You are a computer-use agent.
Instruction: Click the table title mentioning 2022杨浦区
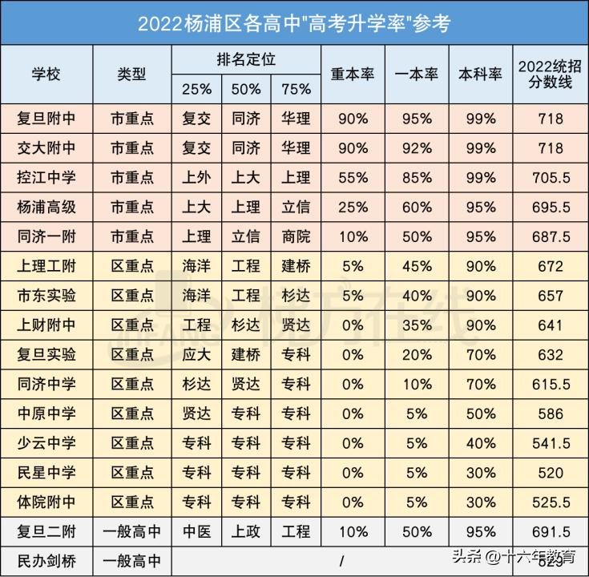click(x=294, y=22)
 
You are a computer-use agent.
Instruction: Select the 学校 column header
click(x=46, y=74)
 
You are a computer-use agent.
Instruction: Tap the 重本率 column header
click(x=353, y=74)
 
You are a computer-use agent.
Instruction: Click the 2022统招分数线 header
click(x=551, y=74)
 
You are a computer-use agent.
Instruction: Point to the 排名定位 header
click(x=246, y=59)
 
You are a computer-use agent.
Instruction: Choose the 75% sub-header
click(x=296, y=88)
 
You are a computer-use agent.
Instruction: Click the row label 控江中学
click(x=46, y=177)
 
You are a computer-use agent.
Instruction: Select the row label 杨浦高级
click(x=46, y=207)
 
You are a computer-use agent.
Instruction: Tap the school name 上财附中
click(x=46, y=325)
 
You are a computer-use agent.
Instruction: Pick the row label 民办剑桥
click(x=46, y=560)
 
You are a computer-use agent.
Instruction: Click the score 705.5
click(x=551, y=177)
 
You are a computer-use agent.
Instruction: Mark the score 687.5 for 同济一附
click(x=551, y=236)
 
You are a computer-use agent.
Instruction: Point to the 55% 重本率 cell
click(x=353, y=177)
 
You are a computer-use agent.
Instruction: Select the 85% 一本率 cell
click(x=417, y=177)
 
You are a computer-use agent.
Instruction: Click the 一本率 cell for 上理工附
click(x=417, y=266)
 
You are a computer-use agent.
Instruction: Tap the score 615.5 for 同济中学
click(x=551, y=385)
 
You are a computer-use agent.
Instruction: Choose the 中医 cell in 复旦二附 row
click(x=196, y=531)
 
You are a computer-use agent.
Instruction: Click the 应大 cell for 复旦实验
click(x=196, y=355)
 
